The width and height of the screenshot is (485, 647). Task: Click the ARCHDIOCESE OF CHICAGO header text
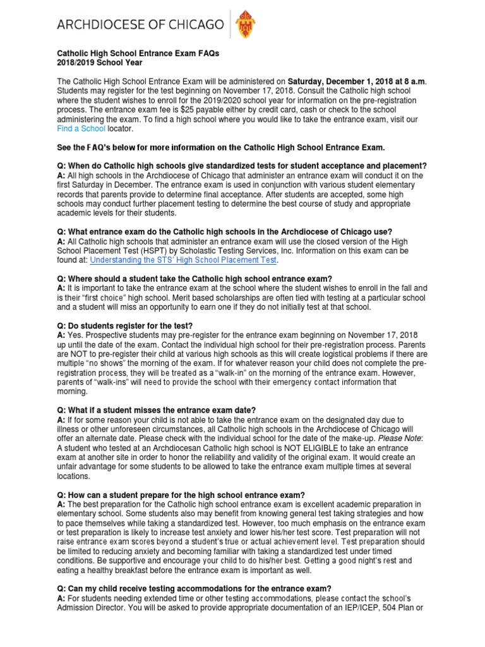(x=140, y=25)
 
